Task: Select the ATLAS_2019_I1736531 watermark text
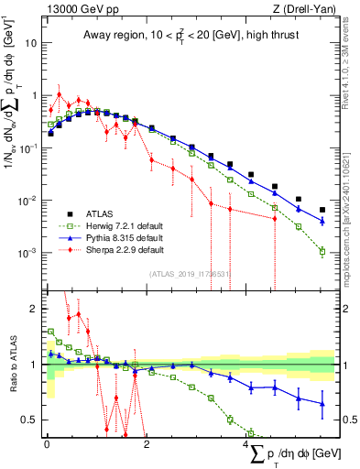click(190, 272)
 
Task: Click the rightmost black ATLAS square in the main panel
click(322, 210)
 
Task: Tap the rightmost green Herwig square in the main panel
click(322, 251)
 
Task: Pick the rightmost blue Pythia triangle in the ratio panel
click(322, 403)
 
